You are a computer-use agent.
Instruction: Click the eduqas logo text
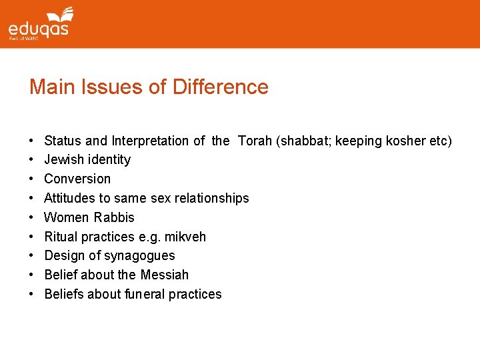[38, 29]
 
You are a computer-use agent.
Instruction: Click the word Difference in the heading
[220, 87]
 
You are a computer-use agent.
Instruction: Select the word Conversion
[77, 179]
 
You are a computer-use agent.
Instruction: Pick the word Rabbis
[114, 217]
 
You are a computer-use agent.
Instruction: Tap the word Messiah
[164, 275]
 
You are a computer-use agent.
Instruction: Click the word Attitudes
[69, 198]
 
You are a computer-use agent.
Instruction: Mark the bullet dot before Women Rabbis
[31, 217]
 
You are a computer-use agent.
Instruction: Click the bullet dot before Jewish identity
[31, 160]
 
